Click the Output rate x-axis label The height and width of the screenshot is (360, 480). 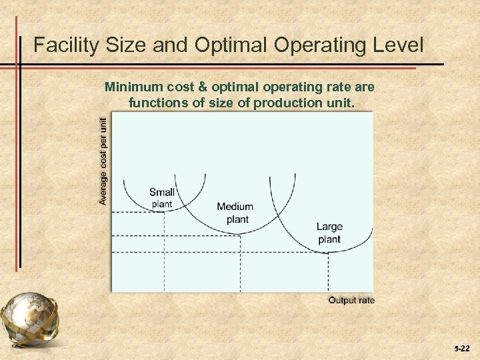(x=351, y=300)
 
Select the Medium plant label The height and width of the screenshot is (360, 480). (x=235, y=213)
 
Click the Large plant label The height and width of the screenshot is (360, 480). (x=329, y=233)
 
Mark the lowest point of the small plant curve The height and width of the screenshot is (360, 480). (x=164, y=211)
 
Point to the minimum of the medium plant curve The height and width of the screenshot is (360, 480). (x=240, y=234)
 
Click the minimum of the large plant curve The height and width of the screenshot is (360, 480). (x=328, y=251)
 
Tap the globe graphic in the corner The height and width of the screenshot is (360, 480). (x=29, y=319)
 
